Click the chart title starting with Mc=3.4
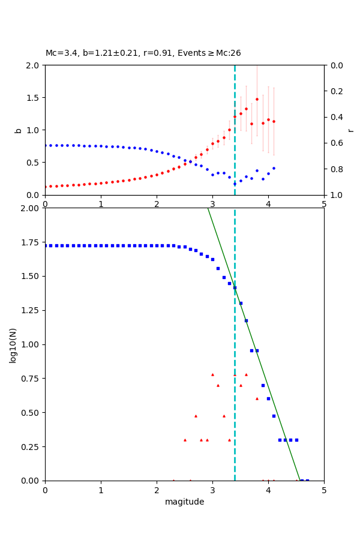(143, 53)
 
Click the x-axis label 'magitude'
(184, 502)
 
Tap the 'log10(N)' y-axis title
(13, 345)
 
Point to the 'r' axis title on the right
(350, 130)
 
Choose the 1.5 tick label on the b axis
(33, 98)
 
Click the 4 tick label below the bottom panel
(268, 490)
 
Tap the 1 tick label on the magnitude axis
(101, 490)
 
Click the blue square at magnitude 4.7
(307, 480)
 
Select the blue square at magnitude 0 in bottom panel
(46, 245)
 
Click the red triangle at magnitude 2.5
(185, 440)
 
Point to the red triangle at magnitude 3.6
(246, 374)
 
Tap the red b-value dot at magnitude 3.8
(257, 99)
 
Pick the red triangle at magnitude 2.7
(196, 416)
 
